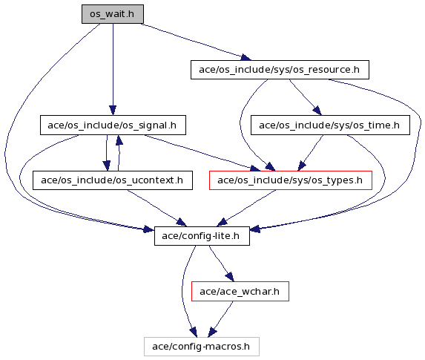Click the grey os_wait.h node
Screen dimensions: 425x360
click(113, 14)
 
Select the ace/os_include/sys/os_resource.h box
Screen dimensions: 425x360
click(280, 70)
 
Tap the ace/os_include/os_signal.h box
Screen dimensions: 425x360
click(113, 125)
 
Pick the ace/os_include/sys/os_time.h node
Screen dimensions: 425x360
click(330, 125)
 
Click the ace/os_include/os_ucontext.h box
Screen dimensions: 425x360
click(113, 180)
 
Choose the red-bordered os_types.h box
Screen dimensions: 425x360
click(291, 180)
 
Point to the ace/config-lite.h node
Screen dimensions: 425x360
click(202, 236)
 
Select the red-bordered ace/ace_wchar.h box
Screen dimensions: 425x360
click(240, 292)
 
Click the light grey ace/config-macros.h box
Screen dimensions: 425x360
click(202, 347)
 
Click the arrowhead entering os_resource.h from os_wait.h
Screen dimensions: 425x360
click(246, 57)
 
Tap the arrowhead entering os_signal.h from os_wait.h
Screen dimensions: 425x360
click(113, 111)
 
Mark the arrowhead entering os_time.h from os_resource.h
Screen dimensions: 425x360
click(317, 111)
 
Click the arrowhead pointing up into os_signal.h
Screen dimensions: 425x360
click(119, 140)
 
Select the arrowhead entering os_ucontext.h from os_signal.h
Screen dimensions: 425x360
click(107, 166)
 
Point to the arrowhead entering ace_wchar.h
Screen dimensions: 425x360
click(230, 277)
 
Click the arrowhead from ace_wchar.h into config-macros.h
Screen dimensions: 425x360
click(212, 333)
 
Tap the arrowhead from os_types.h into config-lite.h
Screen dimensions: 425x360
click(223, 222)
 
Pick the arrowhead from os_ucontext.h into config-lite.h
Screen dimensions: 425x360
click(182, 222)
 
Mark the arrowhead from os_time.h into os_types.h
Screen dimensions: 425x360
click(302, 166)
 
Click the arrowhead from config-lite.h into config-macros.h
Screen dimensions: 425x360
click(194, 333)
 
